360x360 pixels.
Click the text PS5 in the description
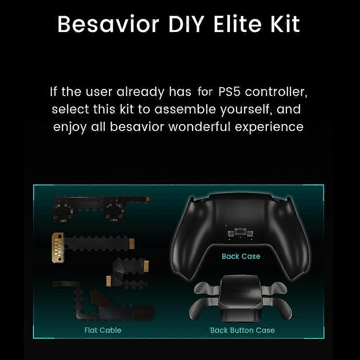(230, 92)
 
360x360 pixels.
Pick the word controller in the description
(277, 92)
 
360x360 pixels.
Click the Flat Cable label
(103, 330)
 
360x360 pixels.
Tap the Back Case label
(241, 256)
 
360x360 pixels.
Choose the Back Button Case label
(242, 330)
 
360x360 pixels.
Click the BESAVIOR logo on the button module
(240, 291)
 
